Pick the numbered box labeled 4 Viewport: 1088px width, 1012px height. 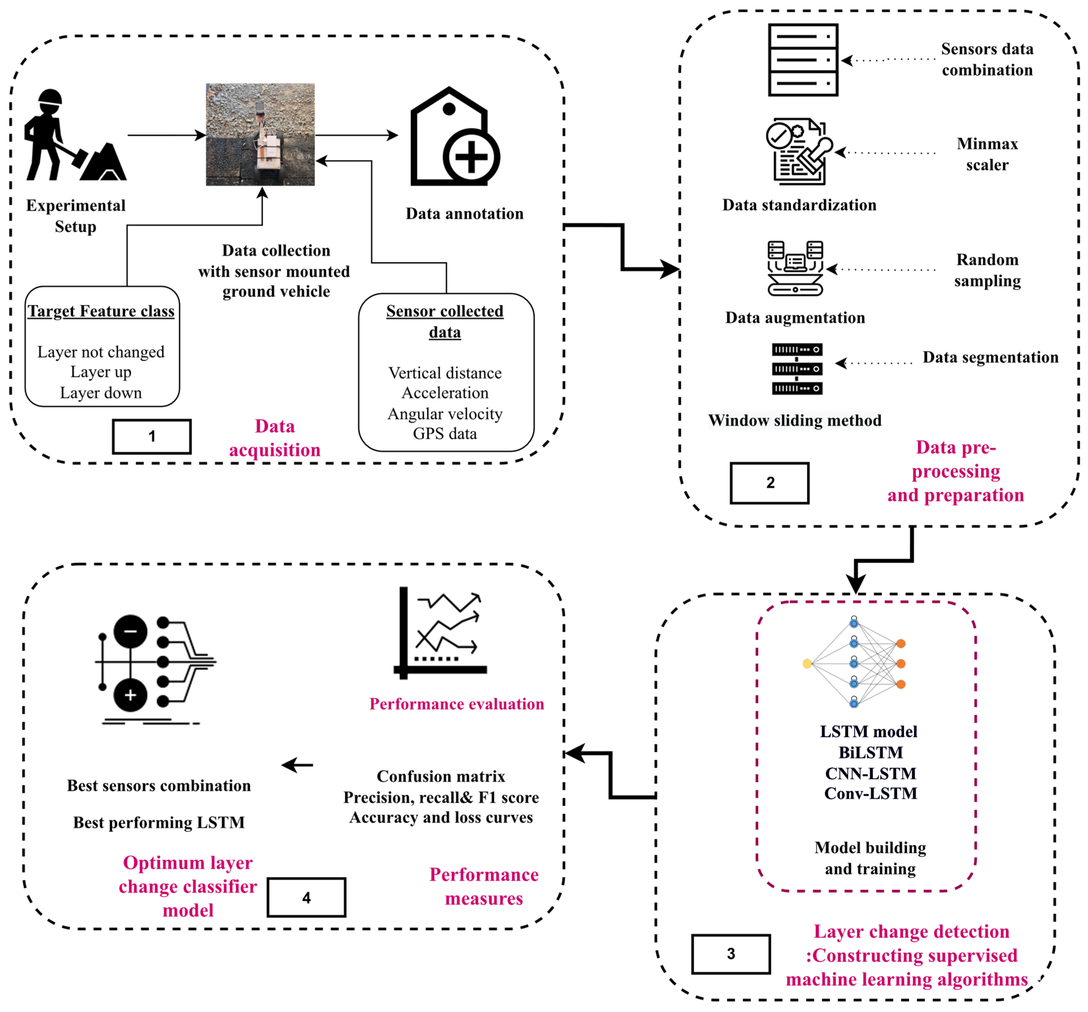click(306, 898)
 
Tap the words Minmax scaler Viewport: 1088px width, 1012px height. click(987, 154)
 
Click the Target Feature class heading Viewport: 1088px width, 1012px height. click(101, 311)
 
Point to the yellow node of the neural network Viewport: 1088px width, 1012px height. click(807, 664)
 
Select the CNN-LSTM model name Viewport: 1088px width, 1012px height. click(870, 773)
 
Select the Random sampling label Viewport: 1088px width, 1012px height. click(987, 270)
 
